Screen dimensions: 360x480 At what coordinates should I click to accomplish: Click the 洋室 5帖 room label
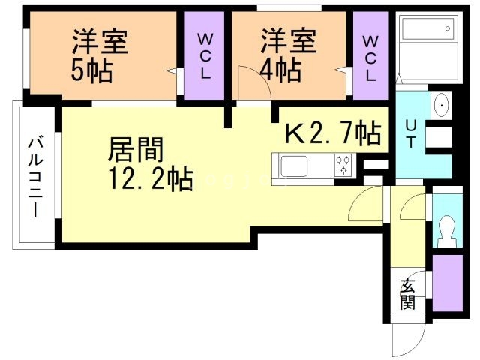point(98,55)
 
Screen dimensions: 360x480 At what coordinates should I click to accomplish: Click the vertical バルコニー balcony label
point(34,177)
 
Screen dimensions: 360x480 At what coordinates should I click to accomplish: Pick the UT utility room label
point(412,134)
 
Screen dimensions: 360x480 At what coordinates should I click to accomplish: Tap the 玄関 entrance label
point(407,293)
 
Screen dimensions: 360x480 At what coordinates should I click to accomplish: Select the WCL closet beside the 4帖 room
point(370,56)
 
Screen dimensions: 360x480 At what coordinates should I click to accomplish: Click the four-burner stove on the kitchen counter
point(343,165)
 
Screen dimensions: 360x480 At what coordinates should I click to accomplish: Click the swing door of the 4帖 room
point(253,82)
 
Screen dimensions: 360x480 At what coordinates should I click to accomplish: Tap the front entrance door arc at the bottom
point(405,341)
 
